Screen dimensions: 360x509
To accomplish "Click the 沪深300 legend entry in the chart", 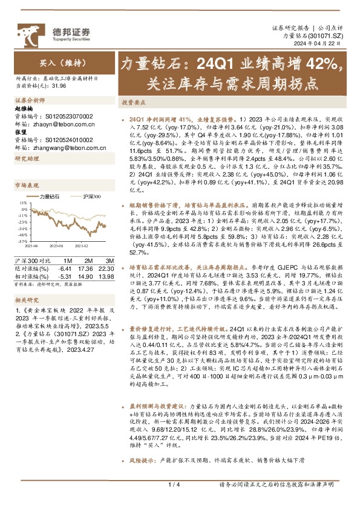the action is click(x=91, y=197).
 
